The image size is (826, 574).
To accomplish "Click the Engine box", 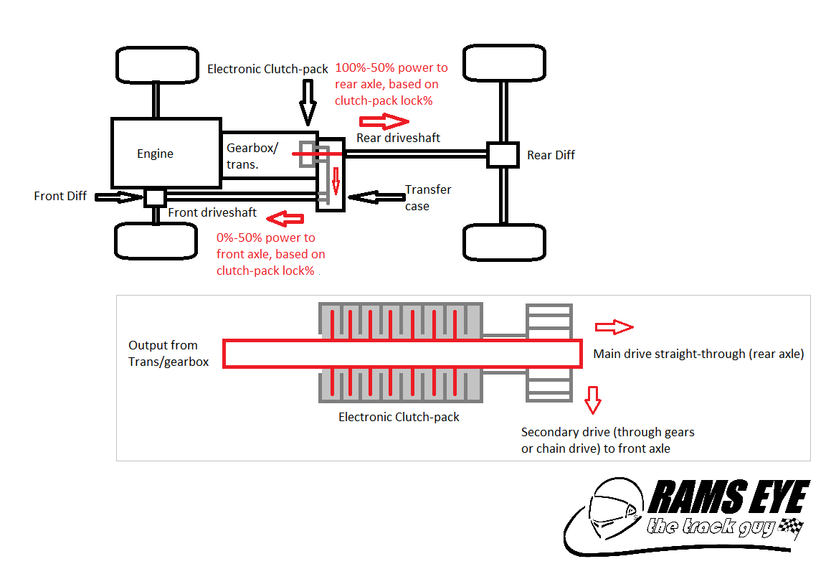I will tap(165, 154).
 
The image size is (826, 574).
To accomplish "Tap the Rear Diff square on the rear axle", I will tap(502, 154).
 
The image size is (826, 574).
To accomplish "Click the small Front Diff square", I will tap(155, 197).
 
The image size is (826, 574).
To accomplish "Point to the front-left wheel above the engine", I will tap(156, 65).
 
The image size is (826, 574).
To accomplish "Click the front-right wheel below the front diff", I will tap(156, 240).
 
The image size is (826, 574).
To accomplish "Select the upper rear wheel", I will tap(505, 63).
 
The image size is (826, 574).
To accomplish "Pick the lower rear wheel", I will tap(505, 242).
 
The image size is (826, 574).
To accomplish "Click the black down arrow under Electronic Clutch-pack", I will tap(308, 101).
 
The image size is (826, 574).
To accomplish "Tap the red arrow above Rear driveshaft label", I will tap(383, 119).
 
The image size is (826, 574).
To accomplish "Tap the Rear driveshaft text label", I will tap(398, 137).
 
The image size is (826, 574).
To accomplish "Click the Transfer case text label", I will tap(427, 197).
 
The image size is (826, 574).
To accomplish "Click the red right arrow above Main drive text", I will tap(614, 327).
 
